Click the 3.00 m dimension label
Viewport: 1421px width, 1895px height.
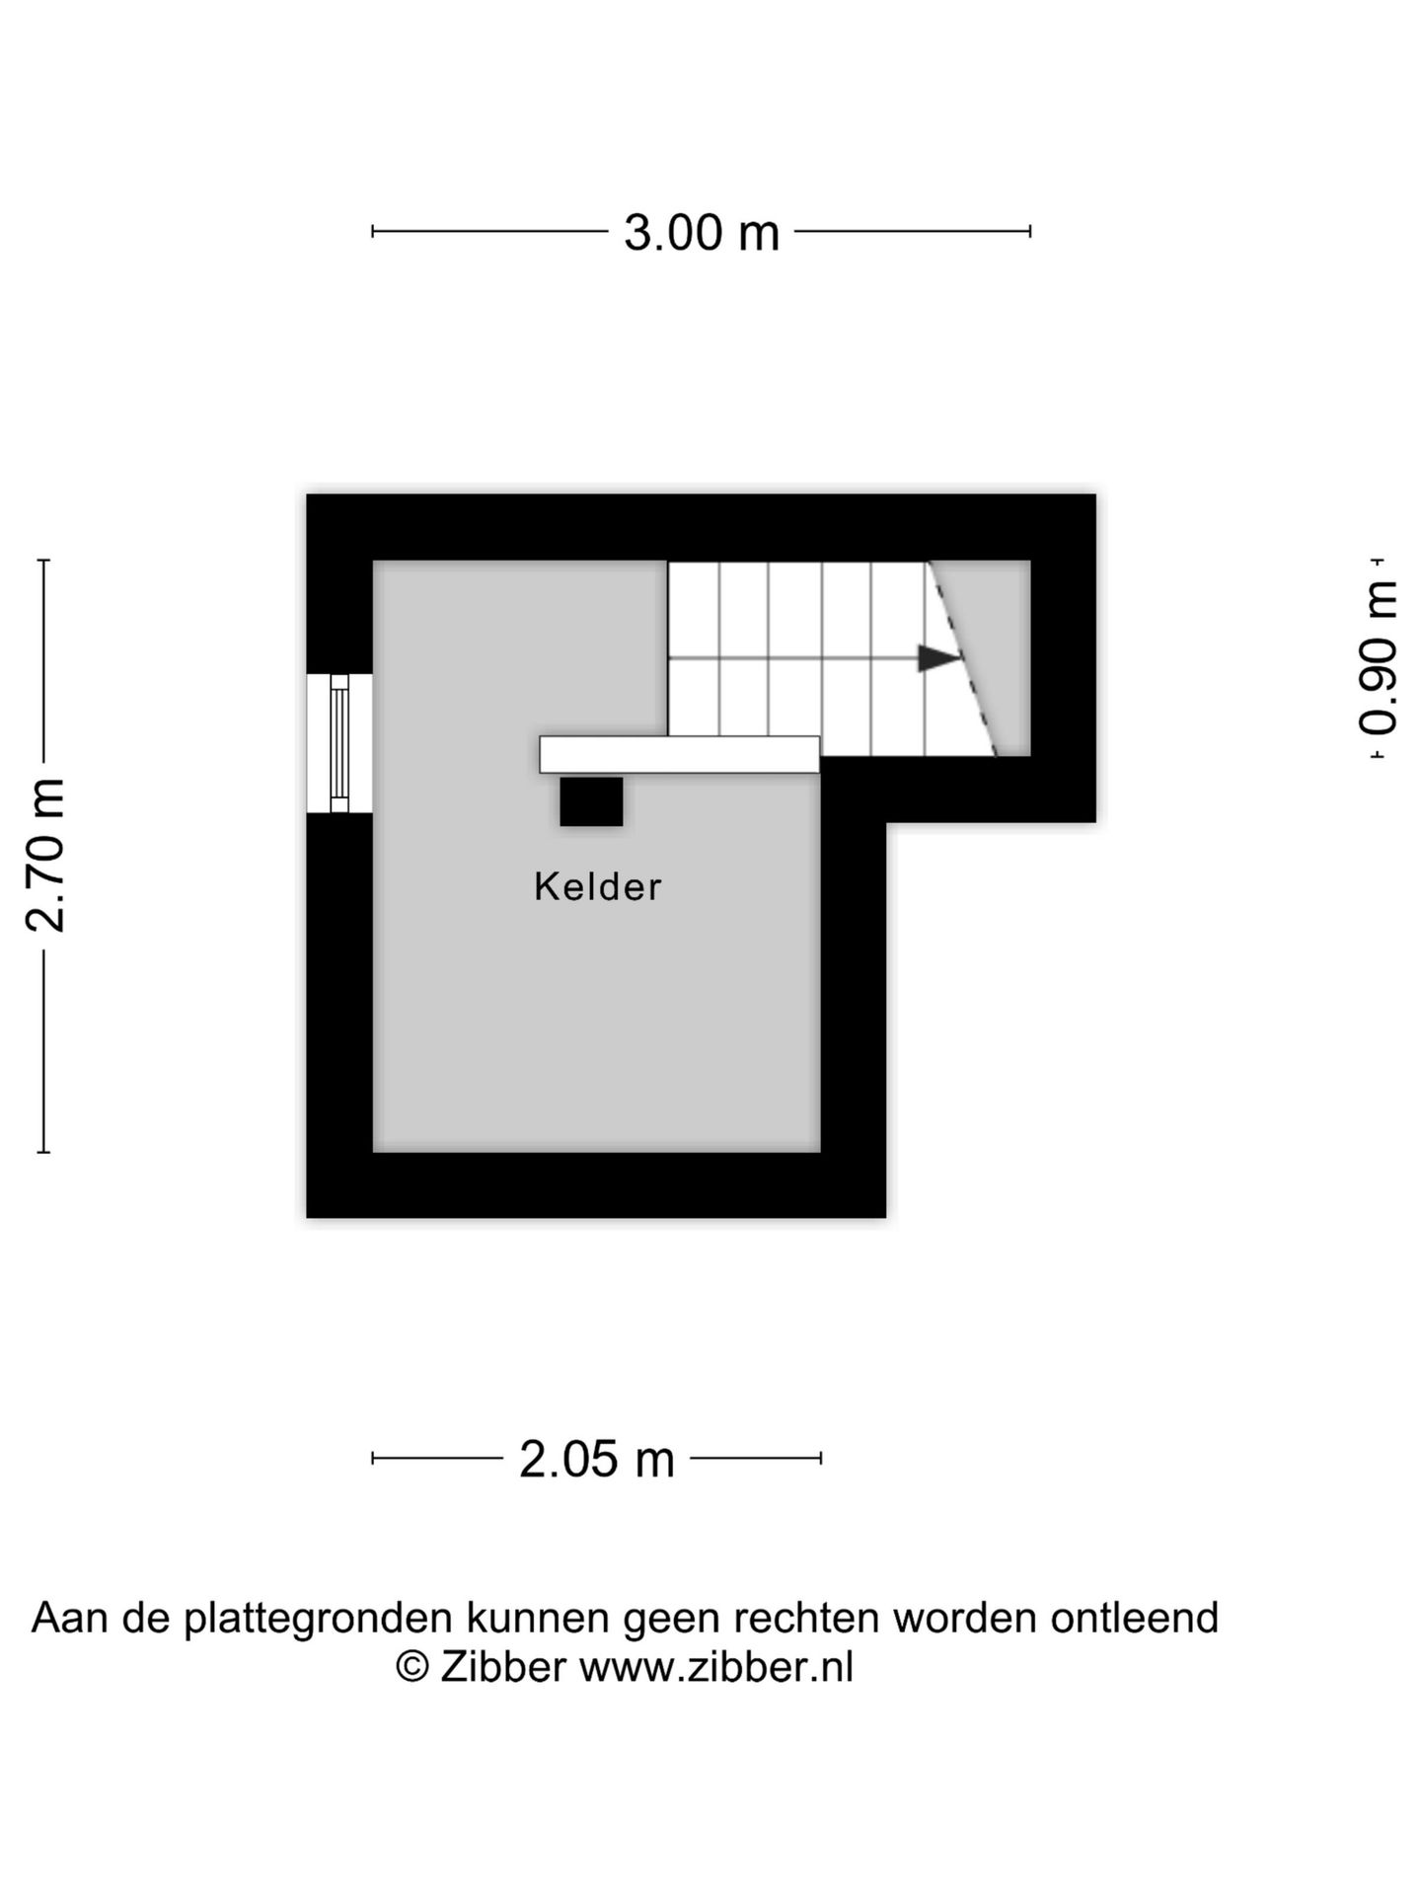click(701, 233)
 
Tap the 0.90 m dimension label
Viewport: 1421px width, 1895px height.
click(1378, 657)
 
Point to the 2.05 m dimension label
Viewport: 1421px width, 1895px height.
click(596, 1459)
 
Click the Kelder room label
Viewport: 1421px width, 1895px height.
click(597, 886)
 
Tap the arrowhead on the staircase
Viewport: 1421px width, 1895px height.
click(938, 657)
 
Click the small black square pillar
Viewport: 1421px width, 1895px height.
click(591, 801)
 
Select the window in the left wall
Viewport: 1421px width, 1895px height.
click(339, 742)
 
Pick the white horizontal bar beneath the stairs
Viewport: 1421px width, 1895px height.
click(679, 754)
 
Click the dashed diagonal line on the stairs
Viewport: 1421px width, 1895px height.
click(962, 658)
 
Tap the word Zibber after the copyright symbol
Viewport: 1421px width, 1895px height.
click(502, 1667)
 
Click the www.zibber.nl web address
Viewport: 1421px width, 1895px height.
click(715, 1667)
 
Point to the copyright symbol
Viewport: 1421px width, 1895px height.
click(412, 1667)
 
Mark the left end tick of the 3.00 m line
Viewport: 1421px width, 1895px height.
click(372, 232)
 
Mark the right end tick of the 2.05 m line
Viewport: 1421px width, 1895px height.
click(821, 1458)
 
